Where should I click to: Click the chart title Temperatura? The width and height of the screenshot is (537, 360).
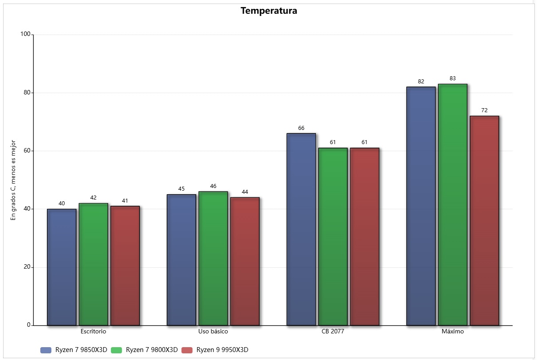click(268, 11)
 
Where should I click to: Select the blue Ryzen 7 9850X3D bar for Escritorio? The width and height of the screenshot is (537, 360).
click(62, 267)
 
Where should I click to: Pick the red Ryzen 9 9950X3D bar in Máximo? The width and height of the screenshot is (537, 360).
click(484, 220)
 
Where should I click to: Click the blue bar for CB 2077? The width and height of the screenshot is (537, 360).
click(301, 229)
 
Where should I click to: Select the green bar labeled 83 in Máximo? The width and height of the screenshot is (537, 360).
click(452, 204)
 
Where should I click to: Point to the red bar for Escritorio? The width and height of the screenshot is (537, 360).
click(125, 266)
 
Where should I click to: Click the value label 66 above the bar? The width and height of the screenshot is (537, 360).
click(301, 128)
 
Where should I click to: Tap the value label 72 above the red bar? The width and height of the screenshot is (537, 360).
click(484, 110)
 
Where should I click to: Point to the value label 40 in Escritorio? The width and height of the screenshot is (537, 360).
click(62, 203)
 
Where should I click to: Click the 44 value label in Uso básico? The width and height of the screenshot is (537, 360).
click(245, 192)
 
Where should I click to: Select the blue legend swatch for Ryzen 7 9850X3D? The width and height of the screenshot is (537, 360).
click(46, 350)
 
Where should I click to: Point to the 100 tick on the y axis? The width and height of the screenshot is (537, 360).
click(25, 35)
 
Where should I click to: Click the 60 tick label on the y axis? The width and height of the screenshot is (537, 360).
click(27, 151)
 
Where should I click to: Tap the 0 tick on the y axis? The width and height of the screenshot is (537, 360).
click(28, 325)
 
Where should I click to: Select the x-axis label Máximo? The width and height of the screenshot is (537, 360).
click(452, 332)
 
